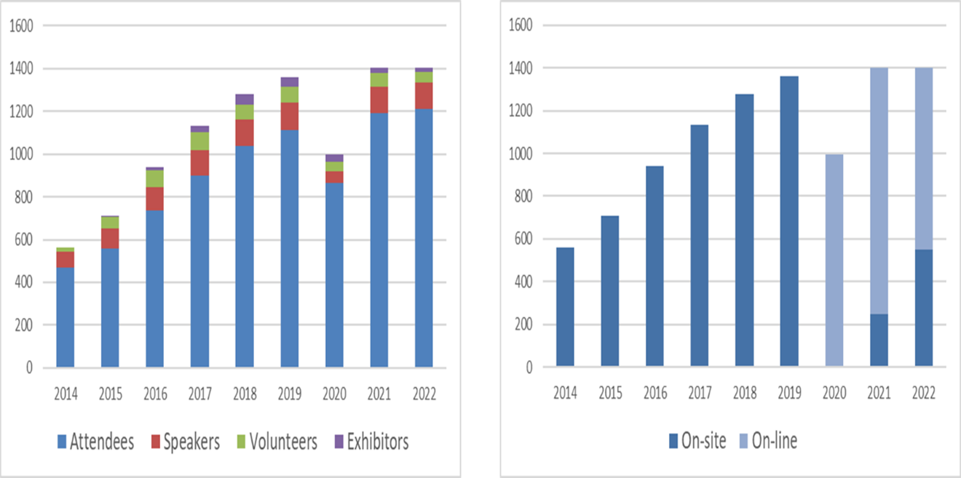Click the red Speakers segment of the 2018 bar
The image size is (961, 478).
[x=245, y=132]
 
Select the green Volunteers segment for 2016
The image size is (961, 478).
[x=154, y=178]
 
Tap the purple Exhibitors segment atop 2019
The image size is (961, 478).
[x=289, y=81]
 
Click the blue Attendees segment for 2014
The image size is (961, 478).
[x=65, y=317]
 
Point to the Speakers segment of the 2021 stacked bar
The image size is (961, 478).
[x=379, y=100]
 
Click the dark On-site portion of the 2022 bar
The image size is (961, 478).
[x=923, y=308]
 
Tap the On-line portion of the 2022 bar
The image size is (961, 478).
[x=923, y=159]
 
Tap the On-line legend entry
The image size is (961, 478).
[x=772, y=441]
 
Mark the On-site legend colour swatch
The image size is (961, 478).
[x=672, y=441]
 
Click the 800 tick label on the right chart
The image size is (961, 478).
[x=523, y=196]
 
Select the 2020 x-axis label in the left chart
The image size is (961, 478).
[x=334, y=394]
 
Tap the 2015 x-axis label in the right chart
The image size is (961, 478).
[x=610, y=394]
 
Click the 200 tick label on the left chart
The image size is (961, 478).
[x=25, y=325]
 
